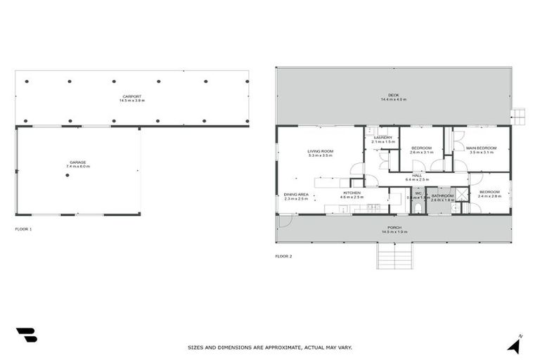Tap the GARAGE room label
78,162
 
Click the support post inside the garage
67,175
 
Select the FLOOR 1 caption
24,229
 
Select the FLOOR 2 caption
283,256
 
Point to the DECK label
394,96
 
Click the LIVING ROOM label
320,150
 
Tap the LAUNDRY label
382,137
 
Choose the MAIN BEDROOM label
482,148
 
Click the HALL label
417,175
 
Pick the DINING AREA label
296,194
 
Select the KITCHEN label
352,193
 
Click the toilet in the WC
418,207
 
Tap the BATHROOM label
442,195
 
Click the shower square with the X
462,195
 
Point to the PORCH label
394,228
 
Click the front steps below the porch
397,256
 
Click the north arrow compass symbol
515,344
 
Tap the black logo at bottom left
26,335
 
